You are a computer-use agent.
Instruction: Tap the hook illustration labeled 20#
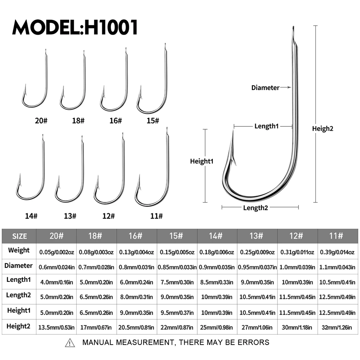[36, 83]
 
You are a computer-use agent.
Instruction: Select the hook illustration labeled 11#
[155, 173]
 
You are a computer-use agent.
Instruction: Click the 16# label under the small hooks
[116, 121]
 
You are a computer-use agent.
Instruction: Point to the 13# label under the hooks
[70, 216]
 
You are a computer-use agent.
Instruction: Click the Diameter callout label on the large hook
[265, 87]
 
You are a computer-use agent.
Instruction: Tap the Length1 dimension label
[267, 126]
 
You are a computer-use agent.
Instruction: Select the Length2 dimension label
[256, 208]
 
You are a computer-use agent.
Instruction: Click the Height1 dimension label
[202, 162]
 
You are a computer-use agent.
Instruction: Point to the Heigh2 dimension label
[323, 129]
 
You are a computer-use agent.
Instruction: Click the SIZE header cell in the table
[19, 236]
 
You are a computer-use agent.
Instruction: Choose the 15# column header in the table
[177, 236]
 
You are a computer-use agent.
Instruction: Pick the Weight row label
[19, 250]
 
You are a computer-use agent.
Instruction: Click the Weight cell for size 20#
[57, 252]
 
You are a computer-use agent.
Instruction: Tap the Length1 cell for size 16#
[136, 282]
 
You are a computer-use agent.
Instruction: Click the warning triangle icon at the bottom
[70, 343]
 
